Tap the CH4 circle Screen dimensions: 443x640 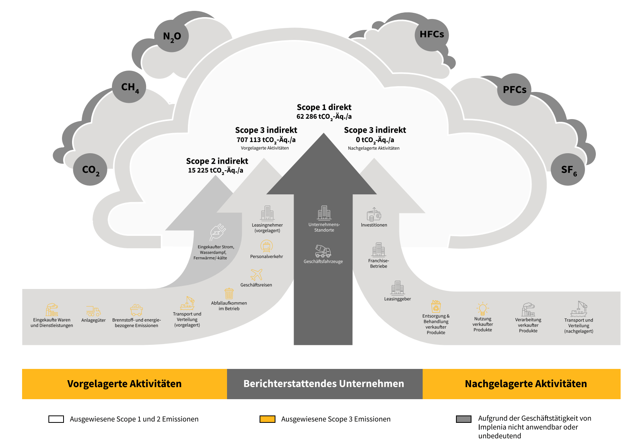point(129,87)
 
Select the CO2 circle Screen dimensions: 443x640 point(90,170)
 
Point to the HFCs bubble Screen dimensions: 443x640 point(432,35)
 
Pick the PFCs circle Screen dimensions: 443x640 point(514,90)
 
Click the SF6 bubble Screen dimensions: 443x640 point(568,170)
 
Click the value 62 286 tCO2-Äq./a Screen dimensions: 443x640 point(324,116)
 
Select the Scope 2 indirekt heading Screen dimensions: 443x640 point(217,161)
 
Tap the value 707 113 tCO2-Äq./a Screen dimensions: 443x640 point(266,140)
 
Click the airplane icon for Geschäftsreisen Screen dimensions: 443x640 point(256,274)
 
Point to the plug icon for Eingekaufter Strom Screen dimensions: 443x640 point(218,232)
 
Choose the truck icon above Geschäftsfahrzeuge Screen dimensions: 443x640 point(323,251)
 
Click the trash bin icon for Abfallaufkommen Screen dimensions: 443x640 point(229,293)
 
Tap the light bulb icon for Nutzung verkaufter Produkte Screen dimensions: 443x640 point(482,309)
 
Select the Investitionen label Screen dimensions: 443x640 point(374,225)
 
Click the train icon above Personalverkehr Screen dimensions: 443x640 point(267,246)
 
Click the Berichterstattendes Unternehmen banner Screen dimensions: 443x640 point(324,384)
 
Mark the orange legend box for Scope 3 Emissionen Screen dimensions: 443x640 point(267,419)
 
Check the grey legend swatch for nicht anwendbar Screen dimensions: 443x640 point(464,419)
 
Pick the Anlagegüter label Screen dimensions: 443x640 point(93,320)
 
